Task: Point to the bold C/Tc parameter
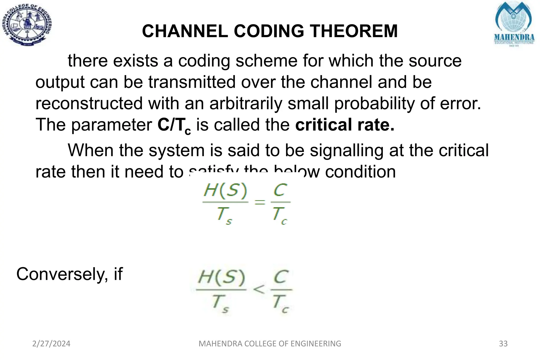174,125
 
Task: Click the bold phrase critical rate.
345,124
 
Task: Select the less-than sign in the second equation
259,289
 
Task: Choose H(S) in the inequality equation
221,278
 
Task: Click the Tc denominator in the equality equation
279,215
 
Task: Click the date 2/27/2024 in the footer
51,344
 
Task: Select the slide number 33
503,344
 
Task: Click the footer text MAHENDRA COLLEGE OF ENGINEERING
270,344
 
